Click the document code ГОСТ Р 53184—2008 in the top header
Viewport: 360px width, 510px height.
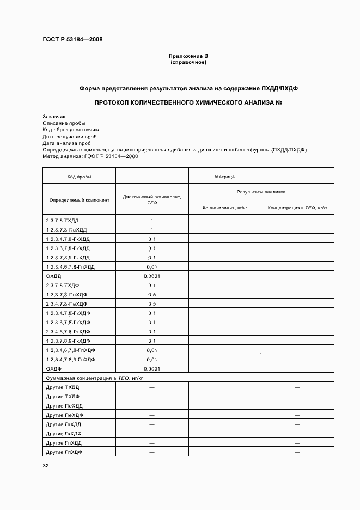(x=72, y=40)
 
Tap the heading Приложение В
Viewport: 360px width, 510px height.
(x=188, y=56)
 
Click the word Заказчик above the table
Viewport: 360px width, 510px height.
(x=54, y=117)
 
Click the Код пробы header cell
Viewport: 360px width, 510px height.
(x=79, y=177)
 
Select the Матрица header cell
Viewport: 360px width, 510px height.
(x=225, y=177)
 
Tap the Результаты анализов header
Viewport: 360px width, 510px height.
(x=261, y=192)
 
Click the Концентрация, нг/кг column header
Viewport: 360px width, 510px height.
(x=225, y=208)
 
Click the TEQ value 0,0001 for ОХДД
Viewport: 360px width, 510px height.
(x=151, y=276)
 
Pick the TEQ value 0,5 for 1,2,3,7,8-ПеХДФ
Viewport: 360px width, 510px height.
(x=151, y=295)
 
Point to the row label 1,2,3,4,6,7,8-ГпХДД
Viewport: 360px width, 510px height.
(x=71, y=266)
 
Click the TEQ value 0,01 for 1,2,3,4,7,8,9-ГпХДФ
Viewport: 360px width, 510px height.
(x=151, y=360)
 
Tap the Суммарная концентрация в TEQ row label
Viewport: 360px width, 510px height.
(x=94, y=378)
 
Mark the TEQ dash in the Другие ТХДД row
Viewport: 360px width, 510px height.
(x=151, y=387)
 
